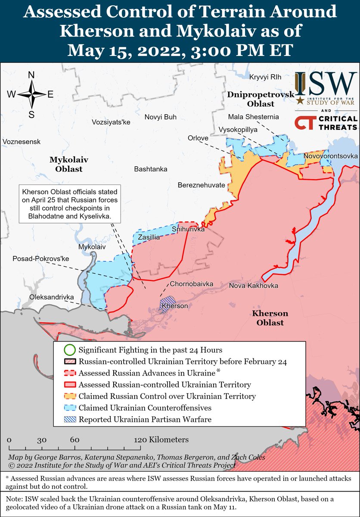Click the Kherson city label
click(x=174, y=305)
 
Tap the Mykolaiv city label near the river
click(x=92, y=247)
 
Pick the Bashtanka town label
click(x=151, y=169)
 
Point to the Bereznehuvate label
click(x=202, y=185)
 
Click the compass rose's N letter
click(x=31, y=75)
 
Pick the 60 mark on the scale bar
click(x=74, y=440)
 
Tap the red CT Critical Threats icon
click(x=304, y=123)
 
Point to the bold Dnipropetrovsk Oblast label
click(x=261, y=99)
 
